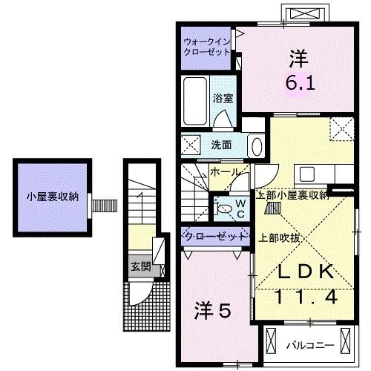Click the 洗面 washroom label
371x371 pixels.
tap(221, 145)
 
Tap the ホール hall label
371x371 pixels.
tap(224, 172)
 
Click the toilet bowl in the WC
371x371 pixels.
tap(224, 210)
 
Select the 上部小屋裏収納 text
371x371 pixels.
tap(292, 196)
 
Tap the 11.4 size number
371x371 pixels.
tap(302, 297)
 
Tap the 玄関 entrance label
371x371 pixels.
tap(140, 266)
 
